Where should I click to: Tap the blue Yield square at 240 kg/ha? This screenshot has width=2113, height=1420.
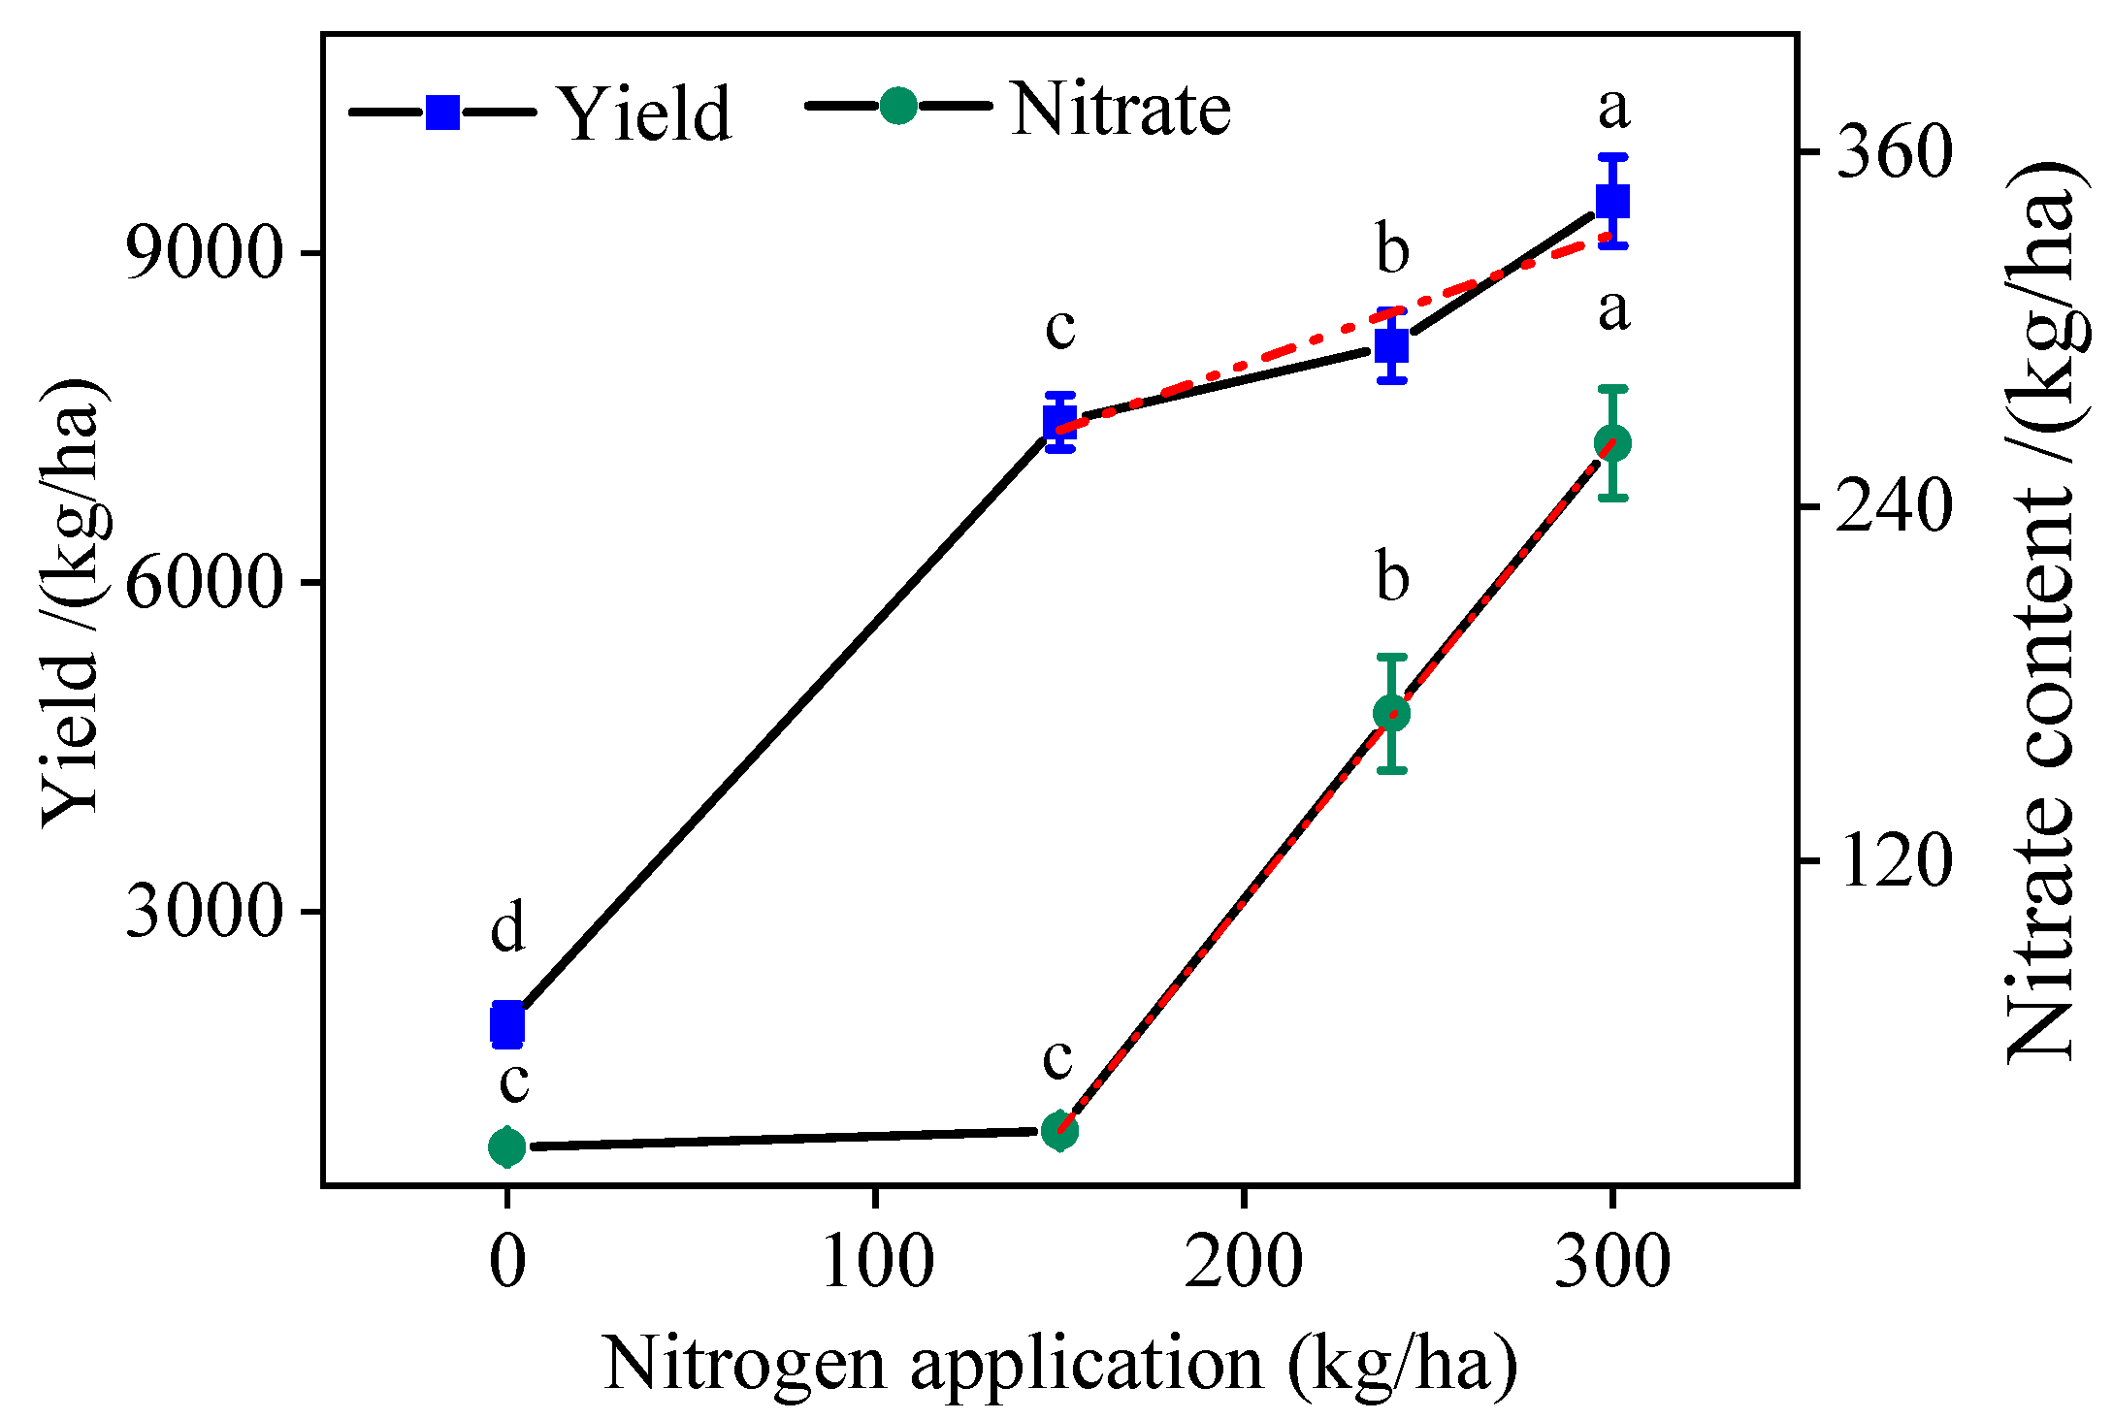pos(1392,345)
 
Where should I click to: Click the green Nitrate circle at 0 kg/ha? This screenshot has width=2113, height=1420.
pos(507,1147)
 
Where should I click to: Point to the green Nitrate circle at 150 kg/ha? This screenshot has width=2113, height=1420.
pos(1060,1130)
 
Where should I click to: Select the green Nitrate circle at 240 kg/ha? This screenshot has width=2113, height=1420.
pos(1392,714)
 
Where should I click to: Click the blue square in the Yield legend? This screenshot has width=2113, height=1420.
pos(443,113)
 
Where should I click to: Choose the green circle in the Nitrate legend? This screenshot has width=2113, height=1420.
pos(898,106)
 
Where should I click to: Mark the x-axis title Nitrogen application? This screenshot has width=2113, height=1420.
pos(1059,1364)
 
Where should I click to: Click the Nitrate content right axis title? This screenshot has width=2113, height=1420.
pos(2039,611)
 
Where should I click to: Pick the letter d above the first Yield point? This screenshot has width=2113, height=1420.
pos(507,928)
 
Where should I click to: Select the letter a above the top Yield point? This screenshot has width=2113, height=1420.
pos(1613,109)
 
